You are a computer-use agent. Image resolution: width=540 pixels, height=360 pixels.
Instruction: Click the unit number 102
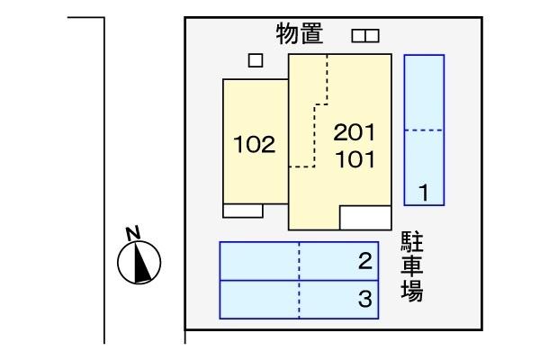[255, 144]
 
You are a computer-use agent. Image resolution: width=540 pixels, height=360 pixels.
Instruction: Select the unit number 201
[355, 132]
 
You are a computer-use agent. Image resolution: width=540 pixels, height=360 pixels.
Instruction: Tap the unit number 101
[355, 159]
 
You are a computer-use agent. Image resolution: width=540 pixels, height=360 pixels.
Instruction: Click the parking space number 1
[424, 193]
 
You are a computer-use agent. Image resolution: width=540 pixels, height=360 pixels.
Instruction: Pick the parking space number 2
[365, 261]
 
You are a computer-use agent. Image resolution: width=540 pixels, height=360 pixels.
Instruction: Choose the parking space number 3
[365, 299]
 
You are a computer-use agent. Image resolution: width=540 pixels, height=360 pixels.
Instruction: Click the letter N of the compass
[133, 233]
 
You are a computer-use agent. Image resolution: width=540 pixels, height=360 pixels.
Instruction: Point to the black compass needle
[142, 262]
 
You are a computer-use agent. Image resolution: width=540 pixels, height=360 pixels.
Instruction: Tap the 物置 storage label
[300, 33]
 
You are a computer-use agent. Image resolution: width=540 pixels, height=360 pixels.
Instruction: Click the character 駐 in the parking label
[412, 243]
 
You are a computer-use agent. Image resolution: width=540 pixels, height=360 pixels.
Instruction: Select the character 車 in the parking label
[412, 266]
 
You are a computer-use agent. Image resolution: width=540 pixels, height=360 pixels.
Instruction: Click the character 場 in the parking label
[412, 291]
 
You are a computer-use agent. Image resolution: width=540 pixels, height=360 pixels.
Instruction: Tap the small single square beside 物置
[256, 60]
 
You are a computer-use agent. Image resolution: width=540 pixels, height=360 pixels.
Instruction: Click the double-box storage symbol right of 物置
[365, 36]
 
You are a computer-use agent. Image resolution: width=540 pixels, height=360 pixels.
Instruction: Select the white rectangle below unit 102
[243, 211]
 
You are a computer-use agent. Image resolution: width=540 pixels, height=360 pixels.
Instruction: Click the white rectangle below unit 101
[365, 218]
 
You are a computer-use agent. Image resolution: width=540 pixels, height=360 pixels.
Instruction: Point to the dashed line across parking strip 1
[424, 130]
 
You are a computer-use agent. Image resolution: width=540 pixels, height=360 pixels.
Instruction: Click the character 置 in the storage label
[311, 33]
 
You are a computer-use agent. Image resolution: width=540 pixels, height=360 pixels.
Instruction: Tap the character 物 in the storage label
[288, 33]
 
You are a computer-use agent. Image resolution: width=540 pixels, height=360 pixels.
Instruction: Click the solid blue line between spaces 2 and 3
[299, 281]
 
